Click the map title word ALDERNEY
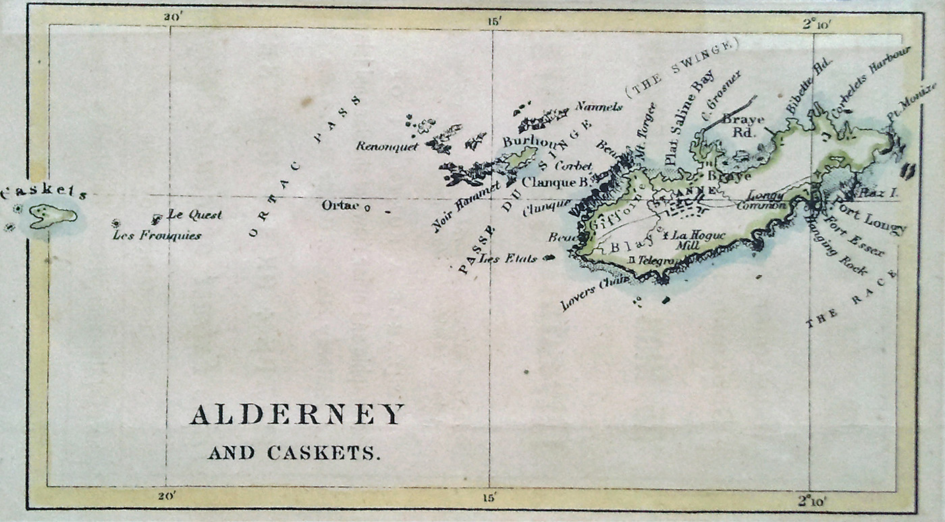(297, 414)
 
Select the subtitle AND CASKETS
(294, 453)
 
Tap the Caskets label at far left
(44, 194)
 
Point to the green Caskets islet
(53, 216)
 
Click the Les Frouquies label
(157, 235)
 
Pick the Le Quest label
(194, 215)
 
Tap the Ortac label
(340, 205)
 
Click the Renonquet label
(387, 146)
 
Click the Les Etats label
(507, 258)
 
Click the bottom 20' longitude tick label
(167, 497)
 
